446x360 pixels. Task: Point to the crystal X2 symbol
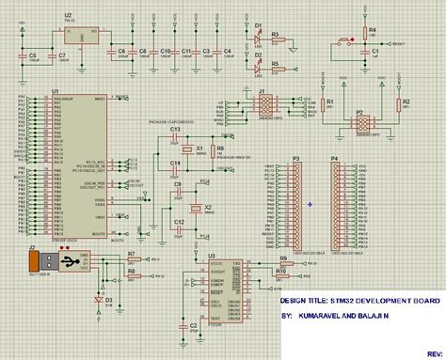[197, 209]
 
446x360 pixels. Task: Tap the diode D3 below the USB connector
[98, 299]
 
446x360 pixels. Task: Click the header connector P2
[360, 123]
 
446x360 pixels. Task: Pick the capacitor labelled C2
[195, 324]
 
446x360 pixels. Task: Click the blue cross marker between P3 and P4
[310, 203]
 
